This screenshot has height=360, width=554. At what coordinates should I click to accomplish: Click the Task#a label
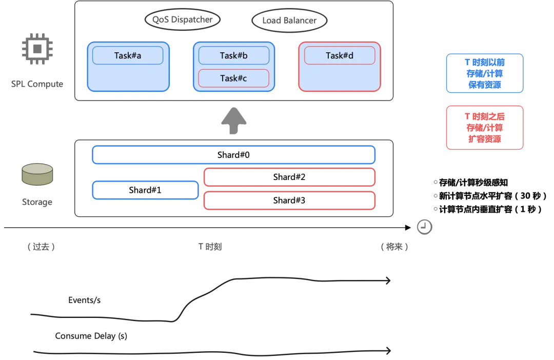128,55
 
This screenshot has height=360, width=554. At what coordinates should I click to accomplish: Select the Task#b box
234,55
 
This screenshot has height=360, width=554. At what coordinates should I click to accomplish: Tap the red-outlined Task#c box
234,78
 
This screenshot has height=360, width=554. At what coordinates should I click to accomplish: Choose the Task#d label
340,55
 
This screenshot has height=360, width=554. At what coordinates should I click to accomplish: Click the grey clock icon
37,49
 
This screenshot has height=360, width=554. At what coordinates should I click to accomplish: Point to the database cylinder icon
37,174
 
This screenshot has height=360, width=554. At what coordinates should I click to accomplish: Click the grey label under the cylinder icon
37,203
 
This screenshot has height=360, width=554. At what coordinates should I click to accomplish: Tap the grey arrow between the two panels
233,121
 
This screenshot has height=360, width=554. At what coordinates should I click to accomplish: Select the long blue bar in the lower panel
233,155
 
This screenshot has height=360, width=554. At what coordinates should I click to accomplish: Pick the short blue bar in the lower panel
145,190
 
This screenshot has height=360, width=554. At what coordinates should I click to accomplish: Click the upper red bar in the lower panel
290,177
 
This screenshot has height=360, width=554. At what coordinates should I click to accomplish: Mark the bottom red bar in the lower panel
290,201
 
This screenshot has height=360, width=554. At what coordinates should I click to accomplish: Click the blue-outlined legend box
485,73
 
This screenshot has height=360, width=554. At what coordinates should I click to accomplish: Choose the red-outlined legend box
485,128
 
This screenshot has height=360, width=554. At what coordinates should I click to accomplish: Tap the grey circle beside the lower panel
425,228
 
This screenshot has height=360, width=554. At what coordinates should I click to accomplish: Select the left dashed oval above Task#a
183,19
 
